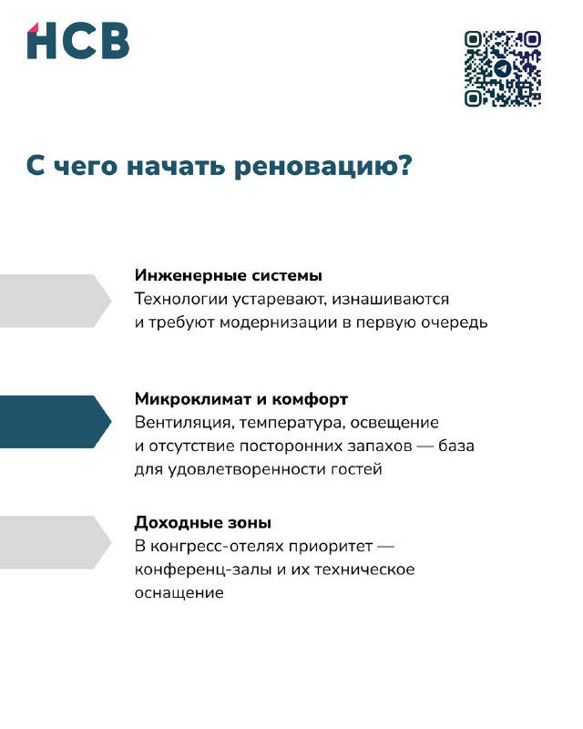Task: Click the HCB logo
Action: tap(77, 41)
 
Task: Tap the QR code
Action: tap(502, 68)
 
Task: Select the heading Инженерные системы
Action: tap(228, 275)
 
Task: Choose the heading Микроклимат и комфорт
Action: tap(240, 399)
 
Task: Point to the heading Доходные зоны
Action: tap(202, 523)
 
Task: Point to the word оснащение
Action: tap(179, 593)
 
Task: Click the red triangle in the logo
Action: tap(35, 26)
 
